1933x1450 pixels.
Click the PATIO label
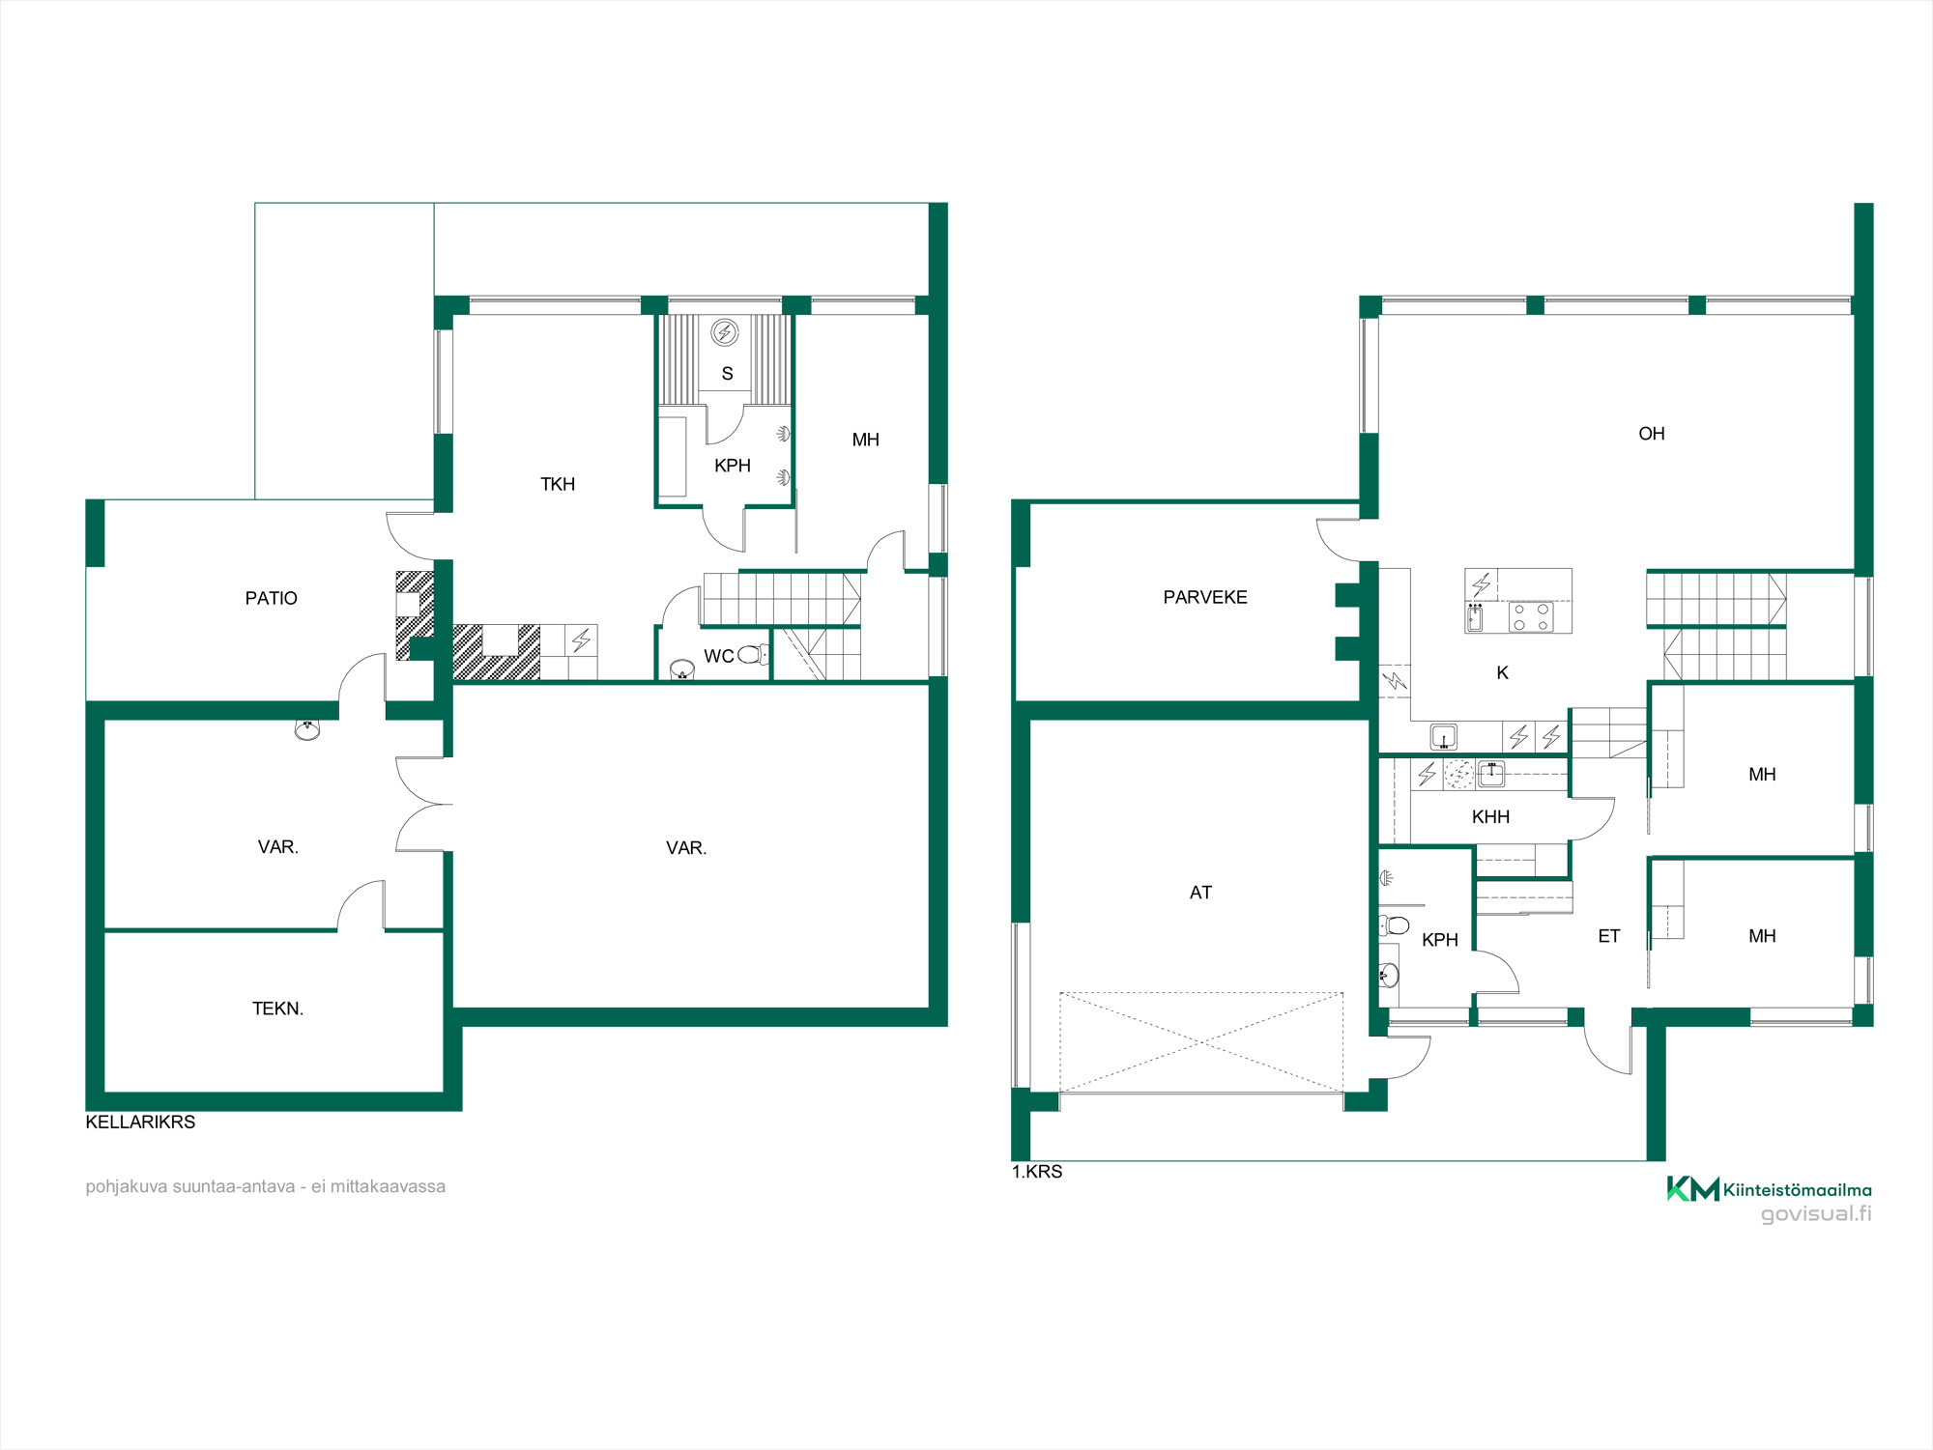pyautogui.click(x=271, y=598)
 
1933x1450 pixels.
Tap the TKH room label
pyautogui.click(x=558, y=484)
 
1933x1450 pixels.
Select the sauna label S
pyautogui.click(x=727, y=374)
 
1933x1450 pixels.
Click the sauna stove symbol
pyautogui.click(x=725, y=333)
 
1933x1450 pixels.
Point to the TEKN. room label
pyautogui.click(x=277, y=1009)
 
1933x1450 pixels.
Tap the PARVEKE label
pyautogui.click(x=1205, y=597)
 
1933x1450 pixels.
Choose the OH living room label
pyautogui.click(x=1652, y=434)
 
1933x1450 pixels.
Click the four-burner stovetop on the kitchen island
pyautogui.click(x=1531, y=617)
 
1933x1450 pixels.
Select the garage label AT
pyautogui.click(x=1200, y=893)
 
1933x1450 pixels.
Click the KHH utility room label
pyautogui.click(x=1490, y=817)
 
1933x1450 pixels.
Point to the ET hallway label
pyautogui.click(x=1608, y=936)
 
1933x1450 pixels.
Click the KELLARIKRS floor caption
pyautogui.click(x=140, y=1122)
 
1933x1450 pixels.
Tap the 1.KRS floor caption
pyautogui.click(x=1037, y=1172)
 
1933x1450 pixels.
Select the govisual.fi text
pyautogui.click(x=1816, y=1214)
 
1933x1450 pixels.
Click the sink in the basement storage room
pyautogui.click(x=307, y=730)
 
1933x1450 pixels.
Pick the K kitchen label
pyautogui.click(x=1502, y=673)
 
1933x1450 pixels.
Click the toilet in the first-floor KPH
pyautogui.click(x=1394, y=925)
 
